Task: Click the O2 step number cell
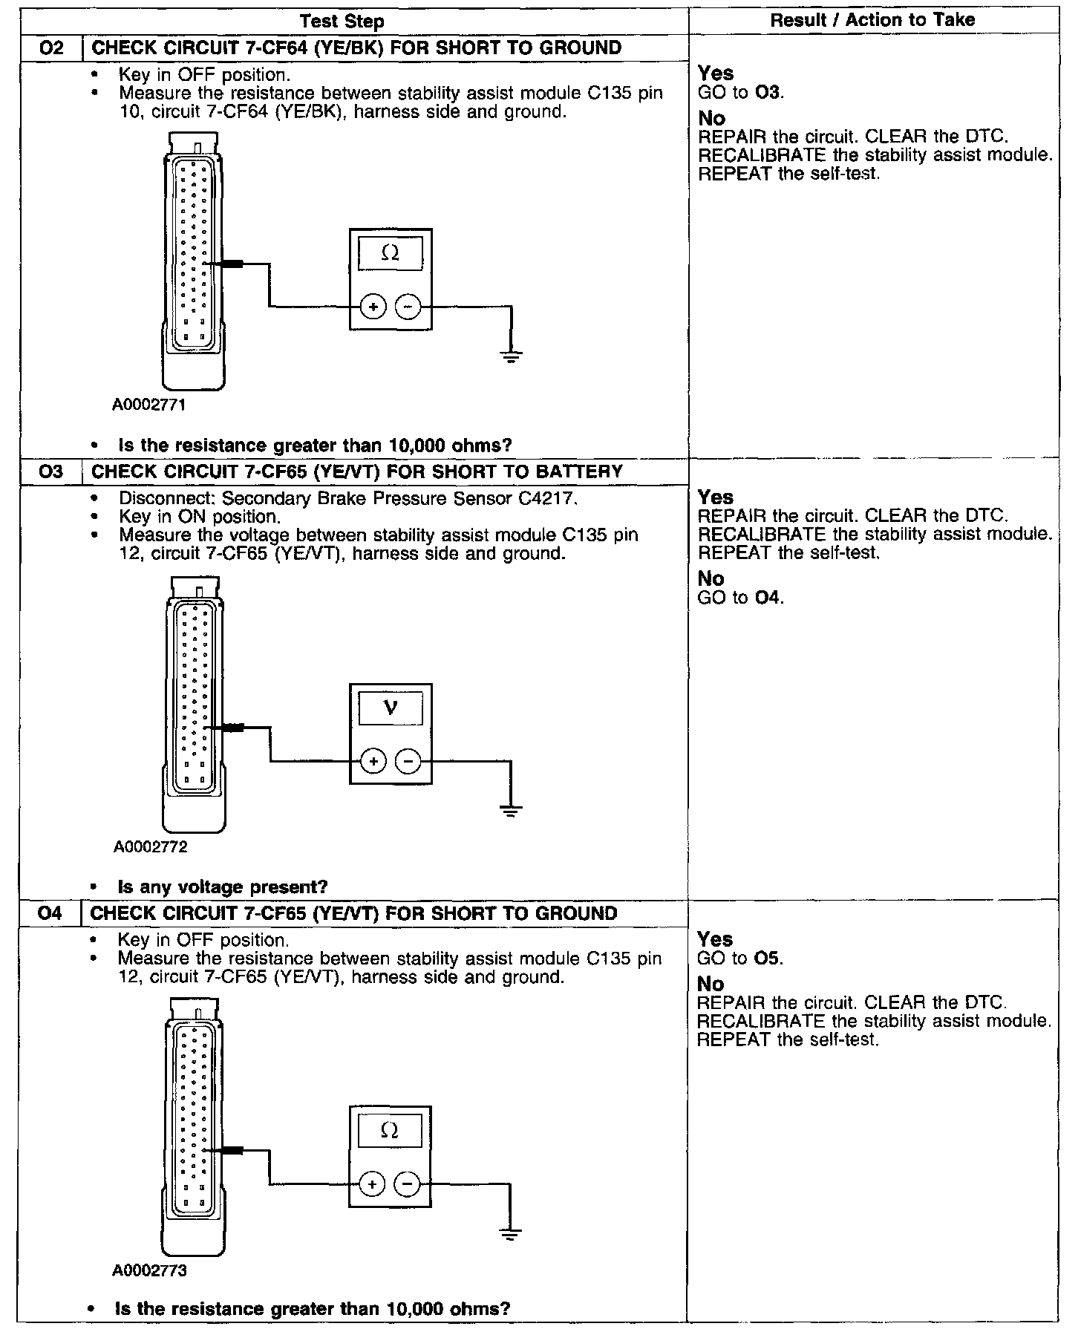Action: (x=50, y=48)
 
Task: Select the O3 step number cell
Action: (x=50, y=471)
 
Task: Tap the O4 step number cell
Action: (x=50, y=913)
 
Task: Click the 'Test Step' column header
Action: (x=342, y=22)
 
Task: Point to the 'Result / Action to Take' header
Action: (x=872, y=20)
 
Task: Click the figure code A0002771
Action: (x=149, y=405)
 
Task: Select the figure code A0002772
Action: (x=150, y=846)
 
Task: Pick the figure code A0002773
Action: (x=149, y=1270)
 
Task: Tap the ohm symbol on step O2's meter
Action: (x=391, y=254)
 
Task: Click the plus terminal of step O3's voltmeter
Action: (x=373, y=761)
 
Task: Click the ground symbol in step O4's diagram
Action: (x=510, y=1234)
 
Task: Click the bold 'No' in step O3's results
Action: (x=711, y=578)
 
